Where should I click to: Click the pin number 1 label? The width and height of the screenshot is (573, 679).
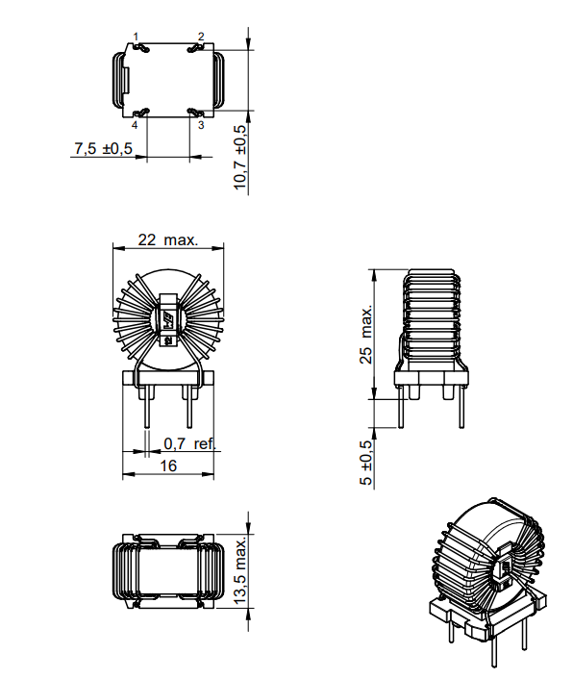136,37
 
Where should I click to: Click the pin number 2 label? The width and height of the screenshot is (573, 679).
201,37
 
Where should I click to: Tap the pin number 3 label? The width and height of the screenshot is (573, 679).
201,125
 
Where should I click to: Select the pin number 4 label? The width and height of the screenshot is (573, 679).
135,125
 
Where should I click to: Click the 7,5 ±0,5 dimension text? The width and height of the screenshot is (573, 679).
103,148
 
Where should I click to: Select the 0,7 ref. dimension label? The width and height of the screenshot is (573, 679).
188,443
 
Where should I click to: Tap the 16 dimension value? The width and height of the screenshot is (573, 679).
168,465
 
